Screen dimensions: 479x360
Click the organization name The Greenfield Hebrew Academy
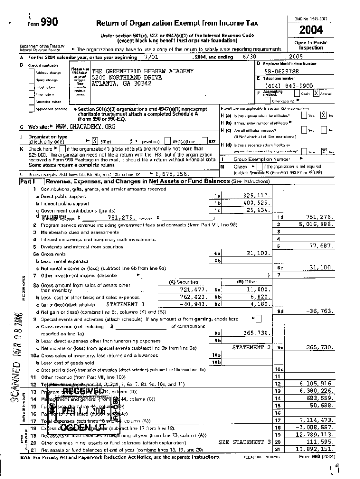pyautogui.click(x=143, y=71)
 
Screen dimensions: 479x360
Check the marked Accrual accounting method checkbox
pyautogui.click(x=316, y=93)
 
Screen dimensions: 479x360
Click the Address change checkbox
pyautogui.click(x=32, y=73)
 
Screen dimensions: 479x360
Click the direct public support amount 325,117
pyautogui.click(x=257, y=196)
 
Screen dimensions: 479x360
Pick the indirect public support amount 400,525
pyautogui.click(x=257, y=203)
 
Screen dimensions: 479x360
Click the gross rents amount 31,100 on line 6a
pyautogui.click(x=258, y=253)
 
